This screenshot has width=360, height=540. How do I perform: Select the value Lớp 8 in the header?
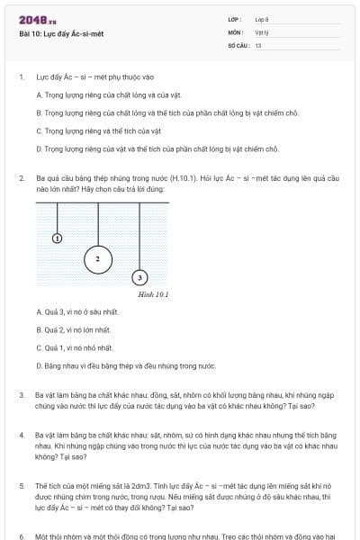262,19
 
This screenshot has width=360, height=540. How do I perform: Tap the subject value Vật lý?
262,31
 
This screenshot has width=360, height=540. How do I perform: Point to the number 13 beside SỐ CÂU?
258,44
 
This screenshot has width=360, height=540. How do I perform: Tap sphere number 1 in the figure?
58,238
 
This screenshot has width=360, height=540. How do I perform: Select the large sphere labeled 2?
97,259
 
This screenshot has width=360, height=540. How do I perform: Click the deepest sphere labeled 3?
139,277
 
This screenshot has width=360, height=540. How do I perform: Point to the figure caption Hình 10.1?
154,293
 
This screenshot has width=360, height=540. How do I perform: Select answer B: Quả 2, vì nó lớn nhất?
79,330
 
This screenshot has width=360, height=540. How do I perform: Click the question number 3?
22,395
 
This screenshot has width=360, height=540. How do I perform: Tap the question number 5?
22,485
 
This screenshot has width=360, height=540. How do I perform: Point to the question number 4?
22,435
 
